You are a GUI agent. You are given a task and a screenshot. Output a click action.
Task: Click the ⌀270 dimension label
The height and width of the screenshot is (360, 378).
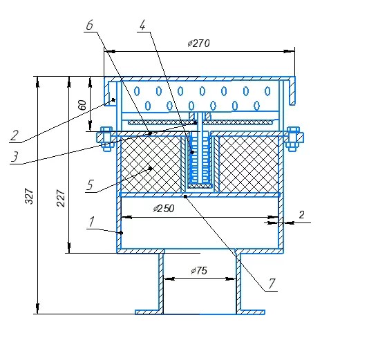[x=198, y=43]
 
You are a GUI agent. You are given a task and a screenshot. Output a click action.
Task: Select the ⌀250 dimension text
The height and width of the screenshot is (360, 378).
[x=164, y=209]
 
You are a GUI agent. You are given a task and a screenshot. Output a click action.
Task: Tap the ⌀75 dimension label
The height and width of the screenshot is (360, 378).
[x=199, y=271]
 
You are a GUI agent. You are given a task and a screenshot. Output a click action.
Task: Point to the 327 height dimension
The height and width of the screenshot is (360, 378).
[x=29, y=196]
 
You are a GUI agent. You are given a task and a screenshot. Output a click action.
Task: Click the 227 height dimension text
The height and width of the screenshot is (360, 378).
[x=61, y=198]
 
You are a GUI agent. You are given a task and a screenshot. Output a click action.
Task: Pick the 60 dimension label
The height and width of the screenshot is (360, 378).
[x=82, y=105]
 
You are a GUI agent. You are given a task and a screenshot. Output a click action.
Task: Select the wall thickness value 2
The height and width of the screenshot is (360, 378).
[x=301, y=215]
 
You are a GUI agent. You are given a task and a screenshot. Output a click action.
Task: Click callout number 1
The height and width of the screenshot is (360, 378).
[x=92, y=222]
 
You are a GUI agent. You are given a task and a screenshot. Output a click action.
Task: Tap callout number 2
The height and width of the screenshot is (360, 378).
[x=15, y=135]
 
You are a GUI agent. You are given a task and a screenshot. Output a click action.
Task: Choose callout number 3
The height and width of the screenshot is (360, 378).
[x=15, y=156]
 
